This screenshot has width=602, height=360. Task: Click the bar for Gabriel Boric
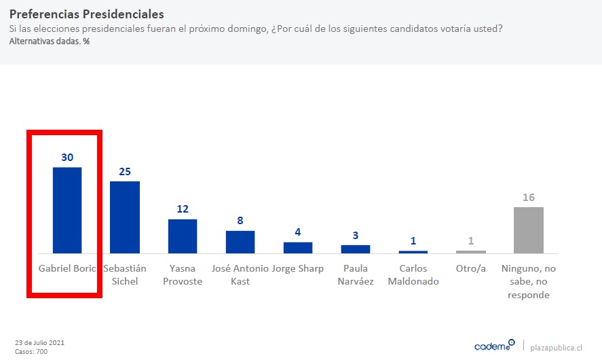point(67,210)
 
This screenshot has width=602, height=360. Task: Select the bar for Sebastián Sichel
point(125,217)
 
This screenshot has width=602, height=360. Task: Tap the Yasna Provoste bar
point(183,236)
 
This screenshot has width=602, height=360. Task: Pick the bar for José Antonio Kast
point(240,242)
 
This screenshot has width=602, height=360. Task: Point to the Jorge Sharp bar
point(298,247)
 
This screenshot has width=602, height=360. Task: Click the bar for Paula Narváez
point(356,249)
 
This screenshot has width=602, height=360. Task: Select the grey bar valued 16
point(529,230)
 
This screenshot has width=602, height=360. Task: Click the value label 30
point(67,157)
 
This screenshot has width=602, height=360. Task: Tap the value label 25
point(125,171)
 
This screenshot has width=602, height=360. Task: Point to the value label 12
point(183,209)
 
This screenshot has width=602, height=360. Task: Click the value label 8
point(240,220)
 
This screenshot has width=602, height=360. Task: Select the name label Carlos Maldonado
point(413,274)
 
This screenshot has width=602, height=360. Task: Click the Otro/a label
point(471,268)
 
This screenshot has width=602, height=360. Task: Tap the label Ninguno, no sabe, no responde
point(529,281)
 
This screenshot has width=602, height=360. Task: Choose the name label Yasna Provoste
point(183,274)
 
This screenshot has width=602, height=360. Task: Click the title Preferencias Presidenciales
point(86,14)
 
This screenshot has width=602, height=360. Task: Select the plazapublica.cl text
point(556,347)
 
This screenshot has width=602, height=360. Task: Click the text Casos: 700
point(31,351)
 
